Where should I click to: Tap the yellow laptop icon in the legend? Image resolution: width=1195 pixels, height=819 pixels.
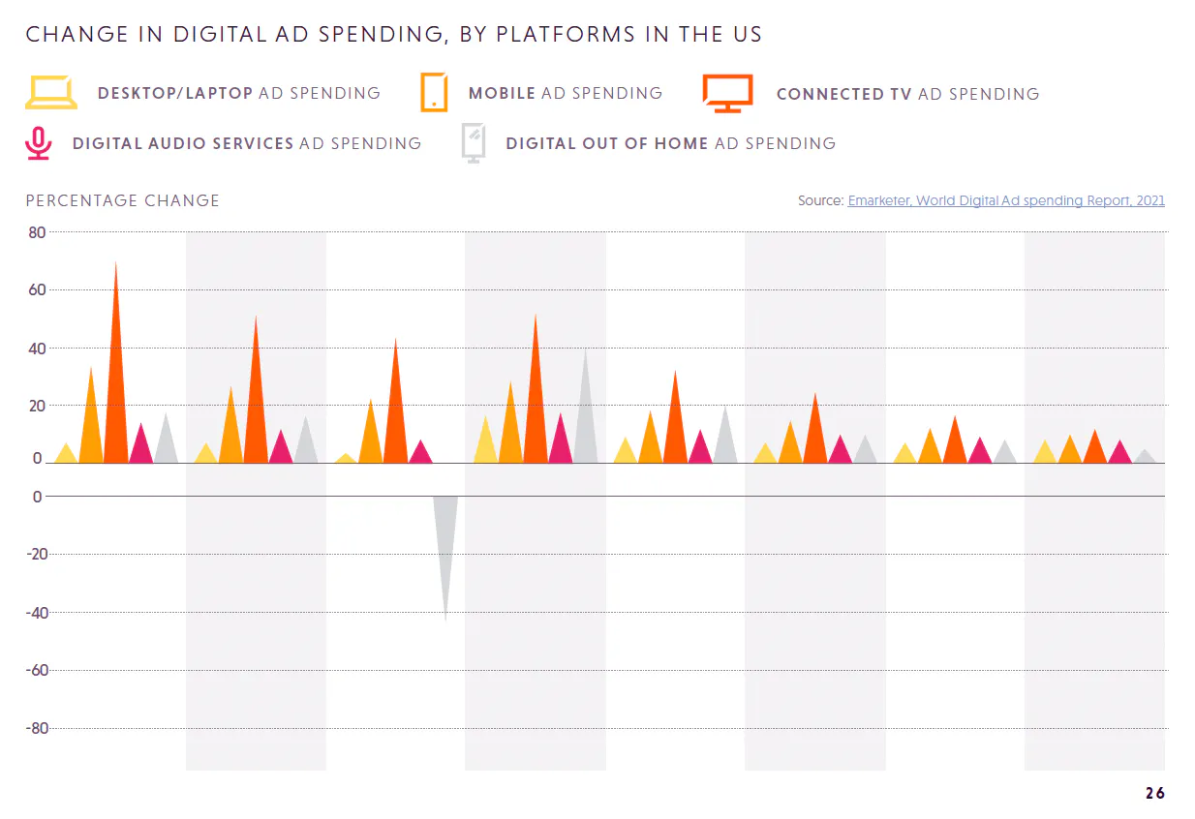point(50,93)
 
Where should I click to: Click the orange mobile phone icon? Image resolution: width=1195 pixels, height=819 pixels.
point(434,93)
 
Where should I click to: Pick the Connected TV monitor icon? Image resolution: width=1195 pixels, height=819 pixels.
point(727,93)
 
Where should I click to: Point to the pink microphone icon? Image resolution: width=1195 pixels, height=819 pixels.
point(38,143)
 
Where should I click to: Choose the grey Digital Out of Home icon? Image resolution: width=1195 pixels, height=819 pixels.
point(474,143)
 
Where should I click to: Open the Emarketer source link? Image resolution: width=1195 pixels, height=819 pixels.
point(1006,200)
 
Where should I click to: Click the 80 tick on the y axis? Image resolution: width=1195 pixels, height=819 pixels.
point(37,232)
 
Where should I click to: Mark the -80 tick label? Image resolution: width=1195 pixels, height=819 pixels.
point(34,728)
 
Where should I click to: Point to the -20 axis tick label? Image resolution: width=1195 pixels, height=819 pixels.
point(34,555)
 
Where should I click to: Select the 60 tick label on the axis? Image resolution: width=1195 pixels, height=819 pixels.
point(37,289)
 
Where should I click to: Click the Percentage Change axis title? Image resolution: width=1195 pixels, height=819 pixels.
point(123,200)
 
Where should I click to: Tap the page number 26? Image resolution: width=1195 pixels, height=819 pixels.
point(1154,793)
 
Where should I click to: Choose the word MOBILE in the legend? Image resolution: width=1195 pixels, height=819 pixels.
point(502,93)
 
